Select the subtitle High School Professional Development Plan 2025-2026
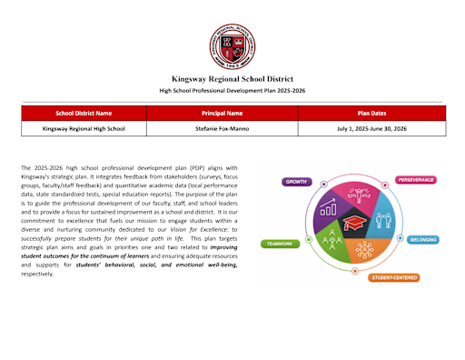click(232, 92)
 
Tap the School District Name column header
click(84, 114)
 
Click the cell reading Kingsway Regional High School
click(84, 128)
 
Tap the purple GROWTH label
click(297, 182)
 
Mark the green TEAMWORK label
click(278, 244)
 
